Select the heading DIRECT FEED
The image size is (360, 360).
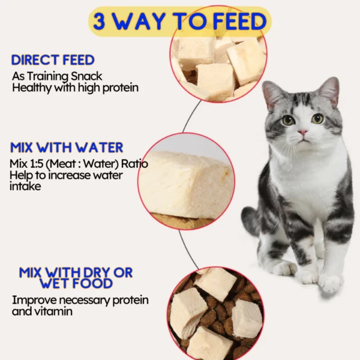(53, 60)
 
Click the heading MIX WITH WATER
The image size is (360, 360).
(67, 148)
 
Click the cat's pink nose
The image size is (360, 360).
(303, 133)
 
